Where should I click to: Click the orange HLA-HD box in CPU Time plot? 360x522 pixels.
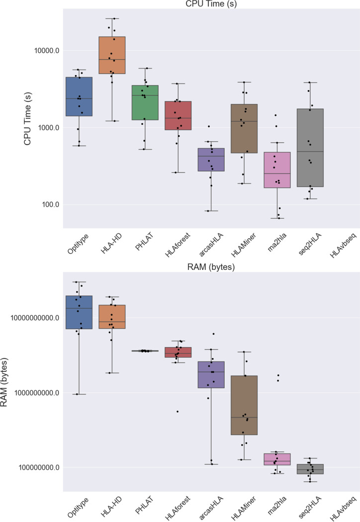[x=112, y=55]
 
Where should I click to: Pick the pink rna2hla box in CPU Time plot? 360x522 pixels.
[x=277, y=170]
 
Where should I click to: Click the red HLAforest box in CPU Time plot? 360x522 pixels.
[x=178, y=115]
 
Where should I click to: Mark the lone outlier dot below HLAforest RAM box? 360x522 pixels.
[x=177, y=412]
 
